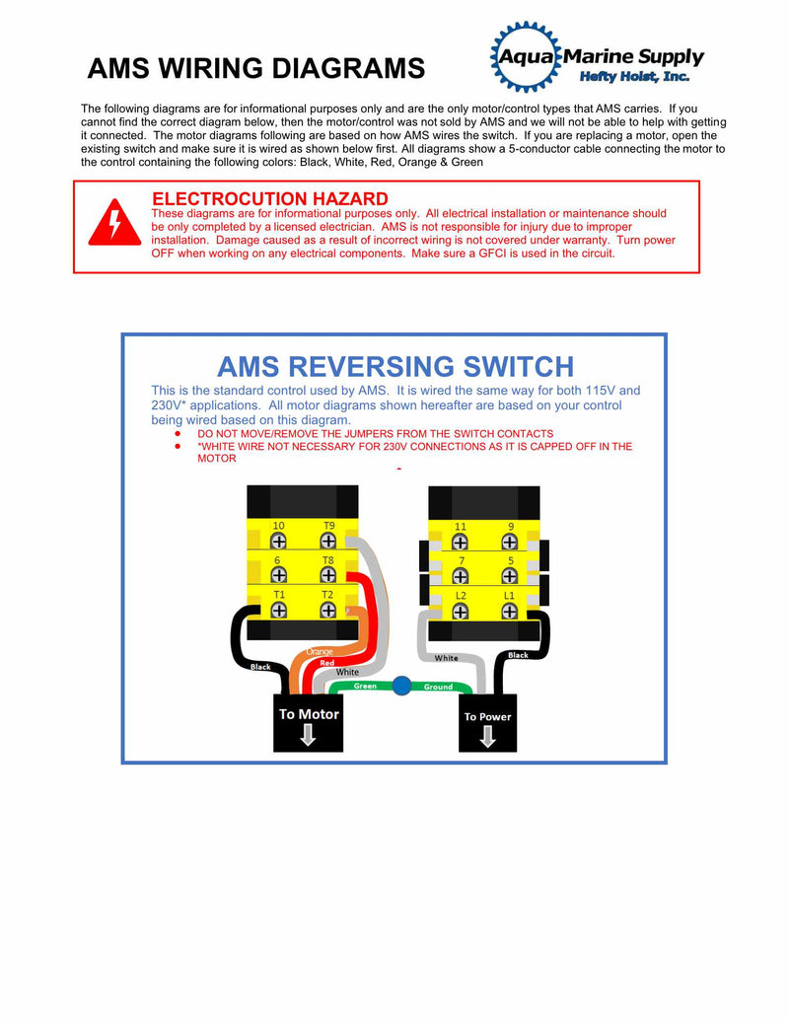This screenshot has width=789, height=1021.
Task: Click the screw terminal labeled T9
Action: (327, 541)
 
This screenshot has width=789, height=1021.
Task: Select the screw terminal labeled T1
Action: (279, 610)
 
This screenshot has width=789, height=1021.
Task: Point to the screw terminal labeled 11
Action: (460, 542)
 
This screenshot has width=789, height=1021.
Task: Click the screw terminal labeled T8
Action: (327, 574)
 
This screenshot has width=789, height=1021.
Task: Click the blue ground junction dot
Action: (401, 686)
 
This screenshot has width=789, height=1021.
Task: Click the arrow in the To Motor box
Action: (308, 735)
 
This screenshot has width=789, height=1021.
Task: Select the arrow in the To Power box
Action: (488, 737)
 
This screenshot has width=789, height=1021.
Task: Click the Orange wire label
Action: (320, 652)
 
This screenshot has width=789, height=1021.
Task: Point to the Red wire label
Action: (327, 664)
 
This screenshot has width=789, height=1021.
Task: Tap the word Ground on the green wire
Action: (438, 687)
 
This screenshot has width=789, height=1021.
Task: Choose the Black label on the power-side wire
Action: (518, 655)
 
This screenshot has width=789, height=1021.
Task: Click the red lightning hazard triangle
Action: (114, 224)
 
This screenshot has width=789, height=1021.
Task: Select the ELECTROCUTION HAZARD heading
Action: (269, 199)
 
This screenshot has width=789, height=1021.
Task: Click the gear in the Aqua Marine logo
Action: (525, 56)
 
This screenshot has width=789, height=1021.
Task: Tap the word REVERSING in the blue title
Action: (395, 367)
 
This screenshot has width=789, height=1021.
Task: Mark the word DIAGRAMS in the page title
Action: (348, 69)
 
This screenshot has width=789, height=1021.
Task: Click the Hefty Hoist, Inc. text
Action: (633, 77)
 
